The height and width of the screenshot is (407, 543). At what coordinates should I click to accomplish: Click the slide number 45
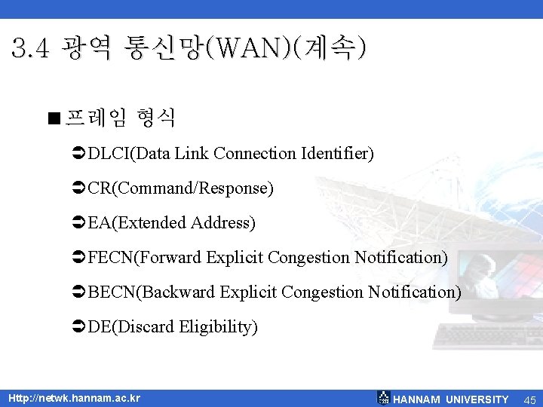tap(529, 399)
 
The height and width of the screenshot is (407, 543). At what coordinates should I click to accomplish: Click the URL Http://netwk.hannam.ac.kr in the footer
tap(74, 398)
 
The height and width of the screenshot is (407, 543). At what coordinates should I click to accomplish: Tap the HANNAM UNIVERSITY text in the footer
tap(451, 399)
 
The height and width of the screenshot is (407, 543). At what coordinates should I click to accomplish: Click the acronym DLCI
tap(109, 154)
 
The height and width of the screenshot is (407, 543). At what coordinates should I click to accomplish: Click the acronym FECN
tap(110, 258)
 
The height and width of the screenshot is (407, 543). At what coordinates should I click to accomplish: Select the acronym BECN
tap(111, 292)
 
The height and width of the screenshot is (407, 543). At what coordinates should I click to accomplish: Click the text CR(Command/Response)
tap(180, 188)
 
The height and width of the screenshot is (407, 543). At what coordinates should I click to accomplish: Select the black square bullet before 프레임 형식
tap(52, 118)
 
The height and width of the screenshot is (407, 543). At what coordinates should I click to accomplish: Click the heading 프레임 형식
tap(121, 117)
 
